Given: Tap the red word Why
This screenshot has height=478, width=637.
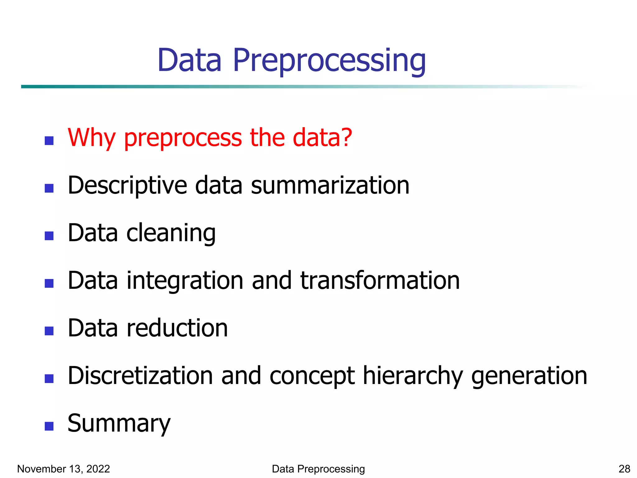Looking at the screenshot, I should pyautogui.click(x=91, y=138).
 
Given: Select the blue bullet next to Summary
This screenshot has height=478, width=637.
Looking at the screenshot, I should pyautogui.click(x=49, y=426).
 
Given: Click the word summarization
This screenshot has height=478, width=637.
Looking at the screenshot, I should pyautogui.click(x=330, y=185).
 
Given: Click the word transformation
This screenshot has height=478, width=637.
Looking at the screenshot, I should pyautogui.click(x=380, y=280).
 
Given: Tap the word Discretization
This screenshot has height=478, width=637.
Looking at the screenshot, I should pyautogui.click(x=140, y=376).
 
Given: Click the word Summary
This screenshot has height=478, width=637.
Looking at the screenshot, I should pyautogui.click(x=119, y=424).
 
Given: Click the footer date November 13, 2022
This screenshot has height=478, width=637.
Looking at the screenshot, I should pyautogui.click(x=63, y=469).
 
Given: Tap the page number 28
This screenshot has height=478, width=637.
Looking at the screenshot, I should pyautogui.click(x=624, y=469).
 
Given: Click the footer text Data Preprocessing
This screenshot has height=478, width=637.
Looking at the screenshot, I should pyautogui.click(x=318, y=469).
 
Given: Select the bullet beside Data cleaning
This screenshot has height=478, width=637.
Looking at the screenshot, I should pyautogui.click(x=49, y=236).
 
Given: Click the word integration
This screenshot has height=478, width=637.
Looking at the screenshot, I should pyautogui.click(x=185, y=281).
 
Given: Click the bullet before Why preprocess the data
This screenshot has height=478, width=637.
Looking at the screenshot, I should pyautogui.click(x=49, y=141).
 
